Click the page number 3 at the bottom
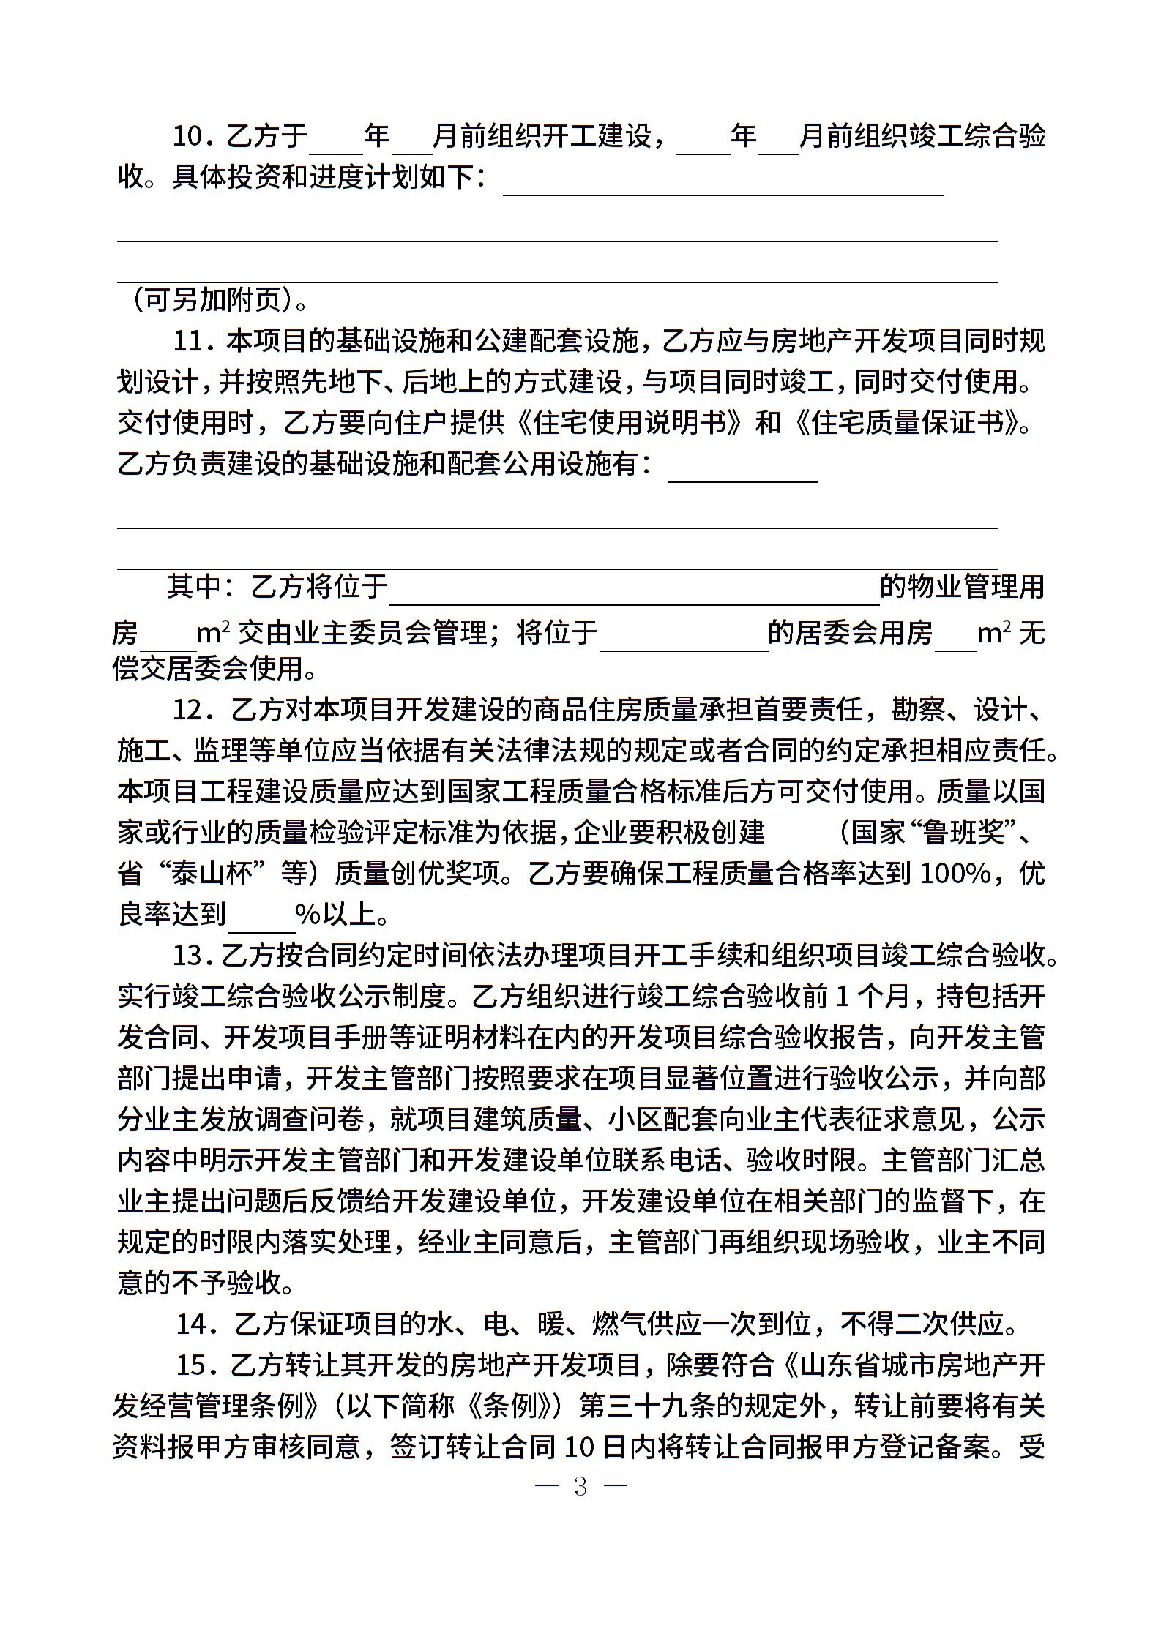click(x=580, y=1486)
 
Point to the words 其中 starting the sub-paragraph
click(x=192, y=587)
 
